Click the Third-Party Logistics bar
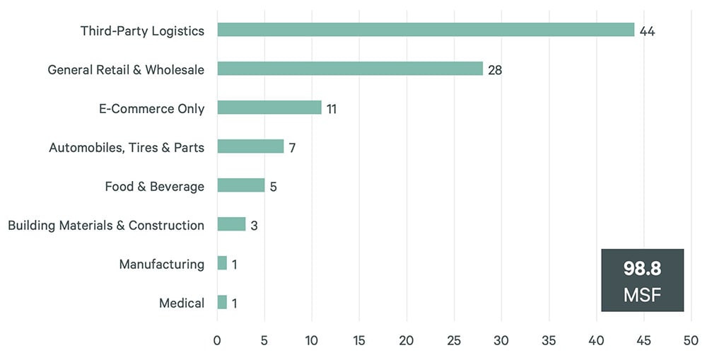click(426, 30)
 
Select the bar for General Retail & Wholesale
click(350, 69)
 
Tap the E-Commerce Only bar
click(269, 108)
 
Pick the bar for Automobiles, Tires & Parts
click(250, 146)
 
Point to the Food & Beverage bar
click(241, 185)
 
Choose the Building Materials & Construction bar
click(231, 224)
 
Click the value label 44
click(647, 31)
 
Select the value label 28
click(495, 70)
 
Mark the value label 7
click(291, 148)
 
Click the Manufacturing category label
click(161, 265)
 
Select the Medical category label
click(182, 303)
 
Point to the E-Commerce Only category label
click(151, 109)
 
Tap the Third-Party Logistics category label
click(142, 31)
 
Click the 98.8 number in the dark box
click(642, 269)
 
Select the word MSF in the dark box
click(642, 294)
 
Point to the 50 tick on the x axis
click(691, 340)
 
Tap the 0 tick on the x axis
click(217, 340)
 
